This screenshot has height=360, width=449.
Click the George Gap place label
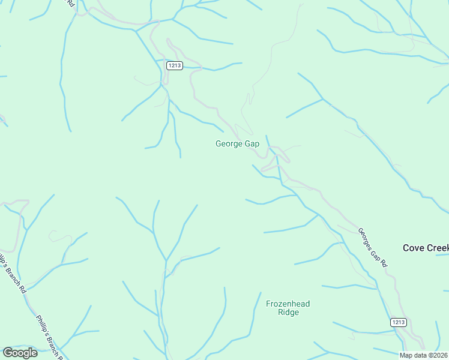pyautogui.click(x=237, y=144)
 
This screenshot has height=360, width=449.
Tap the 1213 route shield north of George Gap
pyautogui.click(x=175, y=66)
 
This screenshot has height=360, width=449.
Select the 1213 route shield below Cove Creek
pyautogui.click(x=399, y=322)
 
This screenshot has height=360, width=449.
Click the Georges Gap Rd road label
pyautogui.click(x=373, y=247)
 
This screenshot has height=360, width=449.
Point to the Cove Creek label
pyautogui.click(x=426, y=248)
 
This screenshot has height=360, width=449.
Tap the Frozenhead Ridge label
pyautogui.click(x=288, y=308)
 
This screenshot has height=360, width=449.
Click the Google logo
pyautogui.click(x=20, y=353)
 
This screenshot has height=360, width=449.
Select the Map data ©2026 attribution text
pyautogui.click(x=423, y=355)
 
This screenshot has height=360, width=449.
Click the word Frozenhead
pyautogui.click(x=288, y=304)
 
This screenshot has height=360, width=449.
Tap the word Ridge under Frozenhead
pyautogui.click(x=288, y=313)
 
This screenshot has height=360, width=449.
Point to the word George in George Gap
pyautogui.click(x=229, y=144)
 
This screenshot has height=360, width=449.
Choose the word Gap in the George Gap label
pyautogui.click(x=252, y=144)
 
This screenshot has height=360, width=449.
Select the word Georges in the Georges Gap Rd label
pyautogui.click(x=366, y=237)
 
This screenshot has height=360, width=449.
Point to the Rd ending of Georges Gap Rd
pyautogui.click(x=384, y=263)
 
